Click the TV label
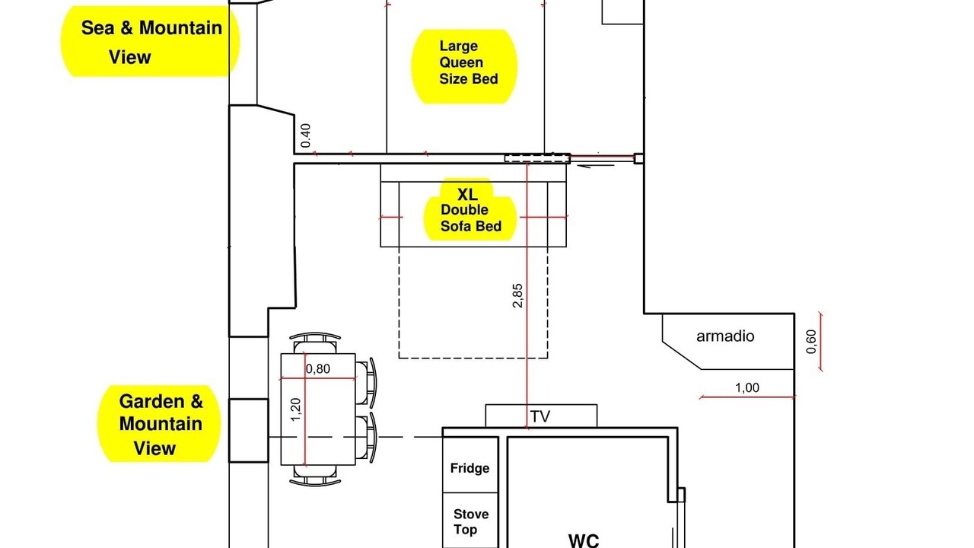540,416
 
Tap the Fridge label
469,468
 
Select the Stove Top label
470,521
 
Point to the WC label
584,540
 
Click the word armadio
725,336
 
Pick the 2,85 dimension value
517,296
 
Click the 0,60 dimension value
811,342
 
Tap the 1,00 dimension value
747,387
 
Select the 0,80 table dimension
318,369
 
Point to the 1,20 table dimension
295,409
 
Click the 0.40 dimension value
306,135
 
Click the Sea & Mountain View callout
150,42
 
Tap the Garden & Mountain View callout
159,424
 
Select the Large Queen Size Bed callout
464,66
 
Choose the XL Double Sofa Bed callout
470,209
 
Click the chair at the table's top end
315,342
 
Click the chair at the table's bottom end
315,476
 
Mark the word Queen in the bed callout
461,62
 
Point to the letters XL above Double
467,194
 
